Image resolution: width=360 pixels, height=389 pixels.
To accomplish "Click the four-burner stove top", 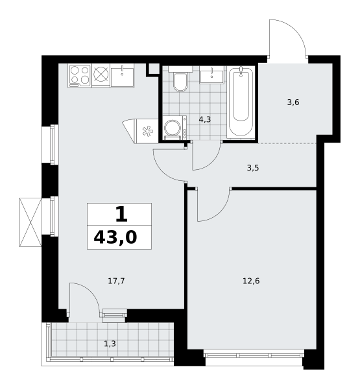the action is pyautogui.click(x=80, y=76).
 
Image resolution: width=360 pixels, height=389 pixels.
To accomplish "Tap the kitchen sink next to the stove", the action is pyautogui.click(x=122, y=76).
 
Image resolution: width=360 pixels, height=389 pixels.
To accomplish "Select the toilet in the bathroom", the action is pyautogui.click(x=180, y=79).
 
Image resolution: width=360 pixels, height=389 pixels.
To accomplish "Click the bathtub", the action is pyautogui.click(x=241, y=101).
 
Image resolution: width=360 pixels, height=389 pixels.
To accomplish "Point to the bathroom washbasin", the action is pyautogui.click(x=211, y=75).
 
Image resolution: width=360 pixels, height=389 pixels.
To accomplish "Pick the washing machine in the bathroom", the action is pyautogui.click(x=175, y=128).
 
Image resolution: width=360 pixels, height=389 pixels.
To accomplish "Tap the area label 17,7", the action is pyautogui.click(x=116, y=281).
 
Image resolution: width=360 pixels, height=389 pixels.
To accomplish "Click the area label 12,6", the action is pyautogui.click(x=251, y=281).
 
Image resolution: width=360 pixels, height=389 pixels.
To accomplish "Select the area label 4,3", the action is pyautogui.click(x=205, y=120).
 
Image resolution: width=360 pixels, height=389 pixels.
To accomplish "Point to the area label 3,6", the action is pyautogui.click(x=293, y=102).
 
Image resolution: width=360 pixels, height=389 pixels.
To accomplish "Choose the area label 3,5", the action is pyautogui.click(x=253, y=168).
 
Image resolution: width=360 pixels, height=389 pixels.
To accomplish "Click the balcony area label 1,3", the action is pyautogui.click(x=110, y=344).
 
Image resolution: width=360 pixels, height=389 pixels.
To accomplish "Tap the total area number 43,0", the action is pyautogui.click(x=115, y=237).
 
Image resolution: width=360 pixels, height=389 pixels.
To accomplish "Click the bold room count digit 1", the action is pyautogui.click(x=121, y=215).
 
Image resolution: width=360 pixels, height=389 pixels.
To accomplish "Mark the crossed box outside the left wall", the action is pyautogui.click(x=30, y=222).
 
